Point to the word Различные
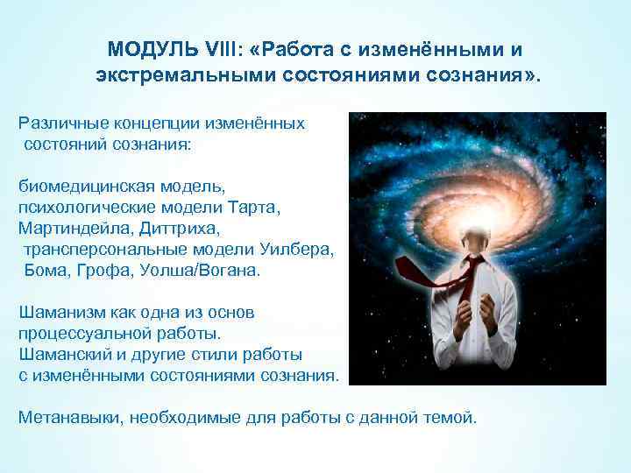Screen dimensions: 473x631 (x=60, y=123)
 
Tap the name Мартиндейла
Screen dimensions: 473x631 (x=72, y=229)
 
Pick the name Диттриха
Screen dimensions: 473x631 (x=174, y=229)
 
